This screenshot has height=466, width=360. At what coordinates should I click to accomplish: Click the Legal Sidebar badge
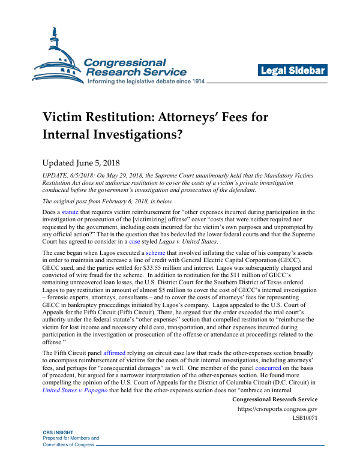click(x=292, y=71)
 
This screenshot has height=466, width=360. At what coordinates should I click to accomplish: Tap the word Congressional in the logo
click(x=125, y=62)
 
